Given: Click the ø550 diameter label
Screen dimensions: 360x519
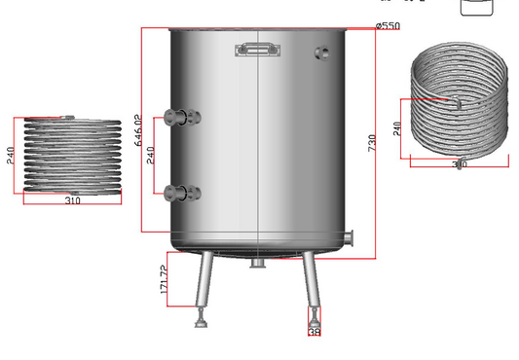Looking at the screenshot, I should (387, 25).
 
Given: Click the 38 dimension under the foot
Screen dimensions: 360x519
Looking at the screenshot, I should (314, 333).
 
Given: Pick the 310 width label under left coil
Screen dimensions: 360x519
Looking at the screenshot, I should (73, 200).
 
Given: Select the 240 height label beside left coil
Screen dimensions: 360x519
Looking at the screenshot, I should (11, 156).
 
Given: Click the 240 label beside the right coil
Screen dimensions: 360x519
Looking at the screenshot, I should (397, 127).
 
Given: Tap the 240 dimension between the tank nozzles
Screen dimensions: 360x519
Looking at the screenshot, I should (150, 154).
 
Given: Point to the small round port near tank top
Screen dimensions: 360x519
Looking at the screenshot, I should (321, 53).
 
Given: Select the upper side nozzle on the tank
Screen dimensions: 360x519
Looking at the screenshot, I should (180, 118).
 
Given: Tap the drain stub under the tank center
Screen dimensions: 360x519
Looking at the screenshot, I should (257, 264).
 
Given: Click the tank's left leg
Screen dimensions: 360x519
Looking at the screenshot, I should (204, 282).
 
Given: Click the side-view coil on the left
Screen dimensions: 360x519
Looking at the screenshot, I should (73, 156).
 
